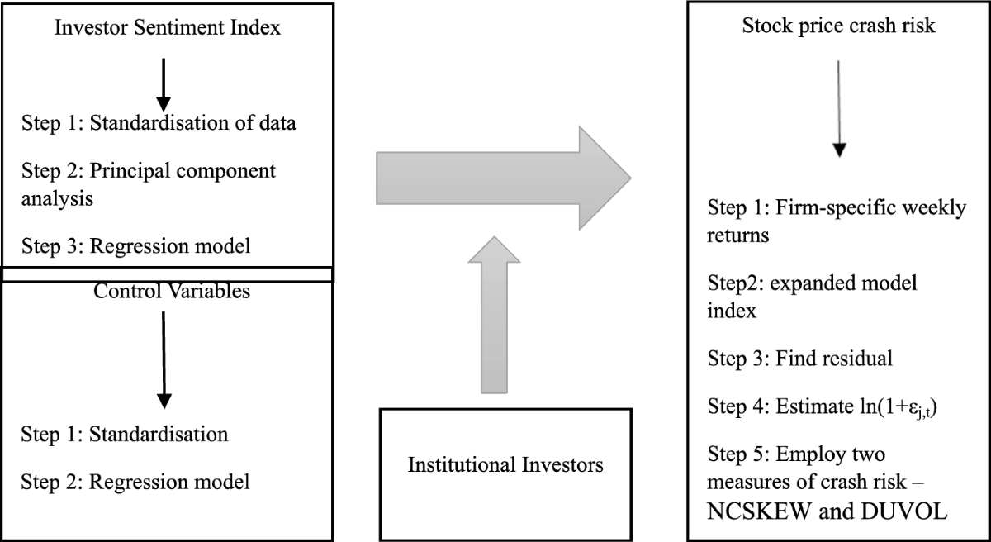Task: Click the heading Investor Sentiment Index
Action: click(x=168, y=28)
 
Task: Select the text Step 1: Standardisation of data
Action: click(x=159, y=125)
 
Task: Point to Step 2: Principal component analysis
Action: click(x=149, y=184)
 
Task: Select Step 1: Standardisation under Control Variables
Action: click(x=124, y=434)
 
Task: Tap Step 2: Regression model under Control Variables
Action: click(x=135, y=480)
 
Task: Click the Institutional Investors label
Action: click(x=505, y=464)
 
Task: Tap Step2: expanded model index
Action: click(x=813, y=297)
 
